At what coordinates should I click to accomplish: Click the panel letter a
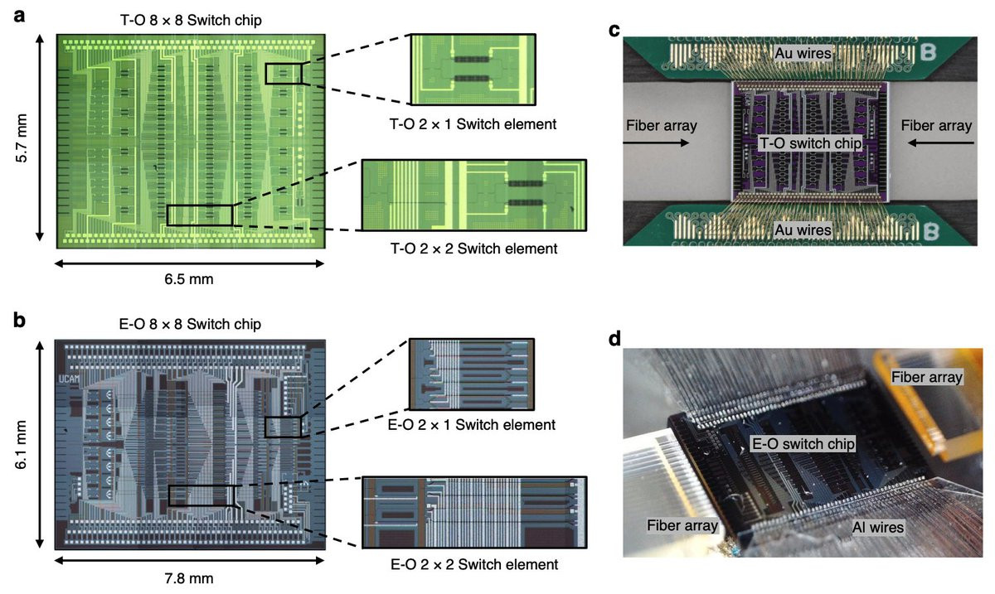pyautogui.click(x=19, y=17)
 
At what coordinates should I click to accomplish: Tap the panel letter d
pyautogui.click(x=614, y=339)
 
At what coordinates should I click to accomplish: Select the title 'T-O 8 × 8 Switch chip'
pyautogui.click(x=191, y=20)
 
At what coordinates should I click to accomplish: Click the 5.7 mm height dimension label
pyautogui.click(x=22, y=138)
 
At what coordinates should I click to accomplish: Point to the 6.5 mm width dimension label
pyautogui.click(x=189, y=279)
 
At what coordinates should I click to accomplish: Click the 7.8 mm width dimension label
pyautogui.click(x=189, y=578)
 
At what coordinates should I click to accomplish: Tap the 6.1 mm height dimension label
pyautogui.click(x=22, y=445)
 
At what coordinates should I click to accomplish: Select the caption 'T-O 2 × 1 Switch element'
pyautogui.click(x=473, y=124)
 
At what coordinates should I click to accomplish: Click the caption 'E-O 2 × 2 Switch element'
pyautogui.click(x=474, y=564)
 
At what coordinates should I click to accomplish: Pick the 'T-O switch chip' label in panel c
pyautogui.click(x=810, y=143)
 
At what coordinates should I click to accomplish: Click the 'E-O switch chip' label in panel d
pyautogui.click(x=803, y=443)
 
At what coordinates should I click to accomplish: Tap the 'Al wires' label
pyautogui.click(x=878, y=527)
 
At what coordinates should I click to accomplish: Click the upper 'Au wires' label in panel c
pyautogui.click(x=803, y=53)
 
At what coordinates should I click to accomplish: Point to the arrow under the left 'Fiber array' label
pyautogui.click(x=656, y=143)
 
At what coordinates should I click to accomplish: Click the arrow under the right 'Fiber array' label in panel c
pyautogui.click(x=941, y=143)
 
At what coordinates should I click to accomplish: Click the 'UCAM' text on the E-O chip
pyautogui.click(x=69, y=379)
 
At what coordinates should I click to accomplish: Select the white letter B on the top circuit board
pyautogui.click(x=928, y=52)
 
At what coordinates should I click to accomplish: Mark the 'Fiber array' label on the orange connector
pyautogui.click(x=927, y=377)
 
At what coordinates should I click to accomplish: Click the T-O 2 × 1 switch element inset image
pyautogui.click(x=473, y=70)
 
